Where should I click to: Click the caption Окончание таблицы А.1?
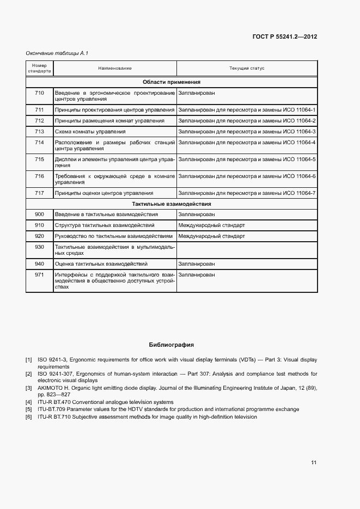(57, 53)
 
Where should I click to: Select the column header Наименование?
(115, 68)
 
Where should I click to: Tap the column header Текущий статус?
(246, 68)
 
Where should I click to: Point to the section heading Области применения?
(172, 82)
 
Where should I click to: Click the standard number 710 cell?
(39, 93)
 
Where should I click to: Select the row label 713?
(39, 132)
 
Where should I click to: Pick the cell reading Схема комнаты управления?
(90, 132)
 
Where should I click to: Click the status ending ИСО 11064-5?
(247, 159)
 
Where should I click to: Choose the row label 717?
(39, 193)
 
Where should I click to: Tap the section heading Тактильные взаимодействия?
(172, 204)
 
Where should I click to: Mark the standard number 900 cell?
(39, 214)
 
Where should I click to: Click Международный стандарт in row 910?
(211, 225)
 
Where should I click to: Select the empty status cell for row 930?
(246, 250)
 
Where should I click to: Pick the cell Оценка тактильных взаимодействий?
(94, 264)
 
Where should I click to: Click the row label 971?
(39, 275)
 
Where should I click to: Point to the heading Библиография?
(172, 345)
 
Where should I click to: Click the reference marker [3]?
(29, 388)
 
